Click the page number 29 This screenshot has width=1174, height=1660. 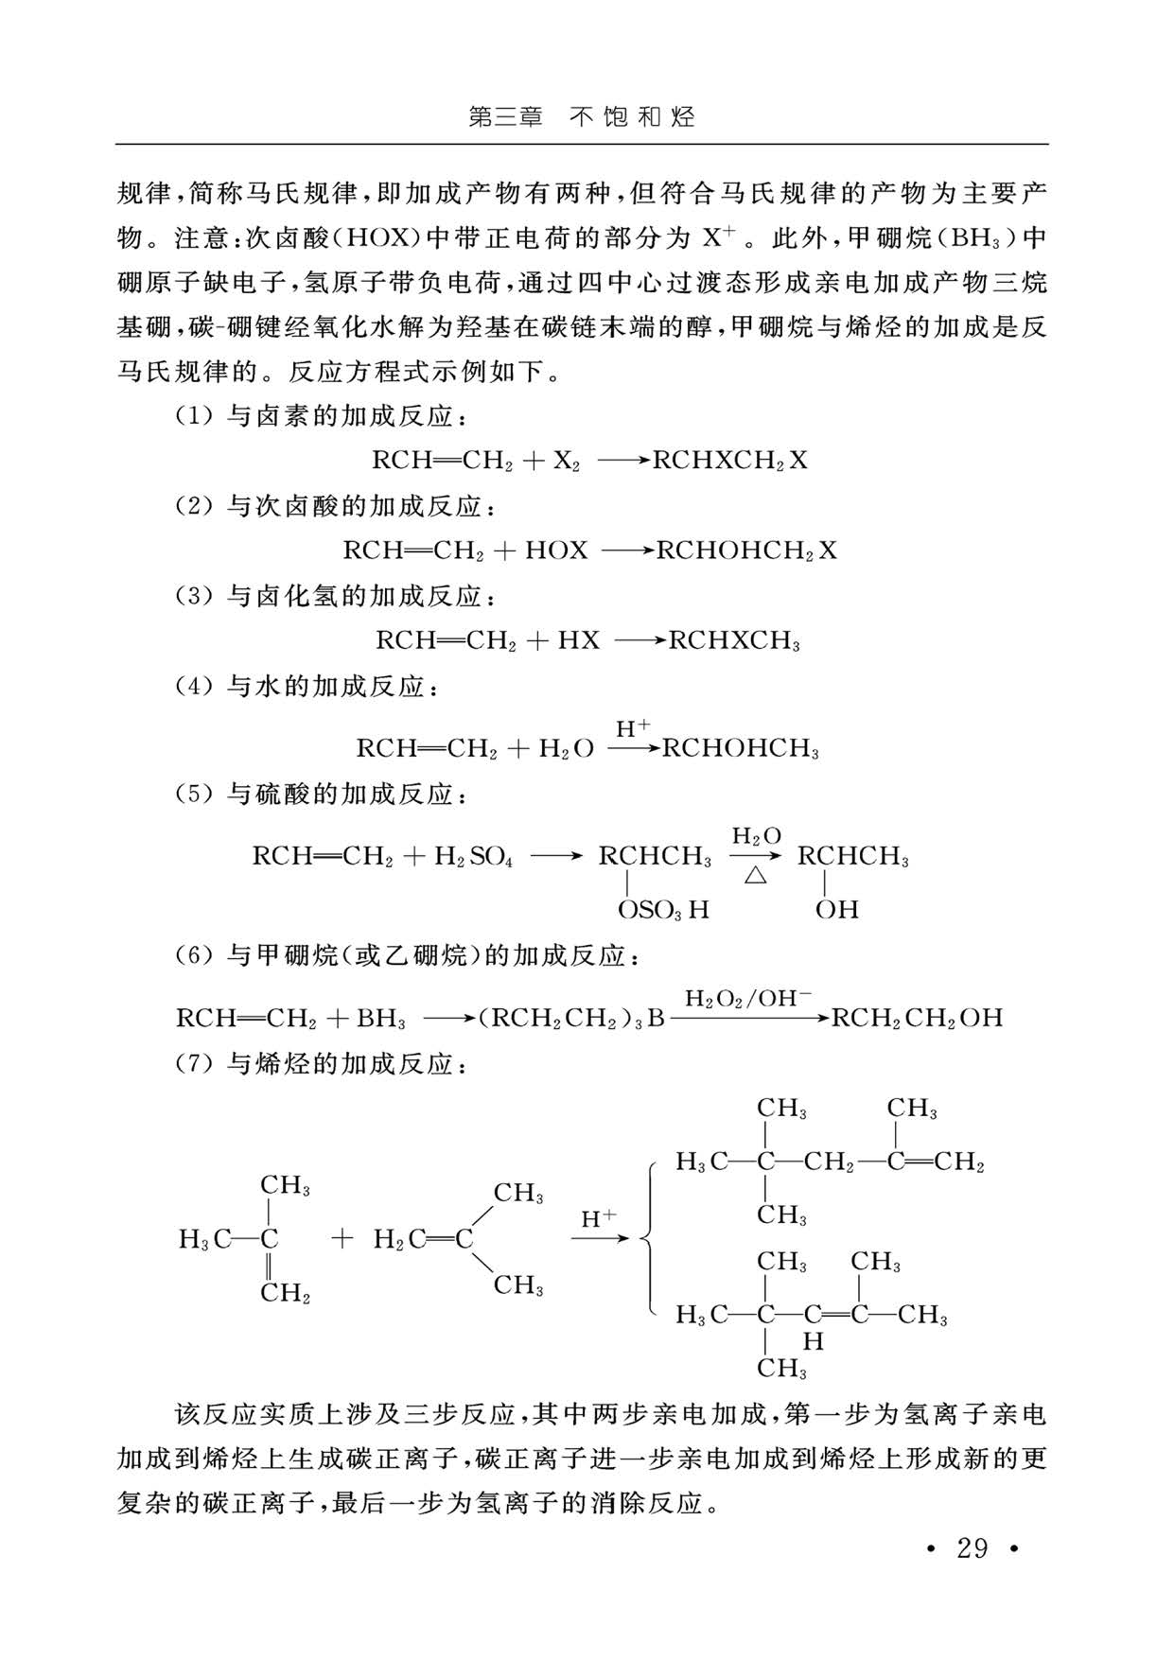[x=972, y=1548]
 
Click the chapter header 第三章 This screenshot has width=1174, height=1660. [x=506, y=117]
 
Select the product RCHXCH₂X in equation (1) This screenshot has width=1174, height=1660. [x=730, y=461]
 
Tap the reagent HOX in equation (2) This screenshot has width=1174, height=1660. [x=556, y=550]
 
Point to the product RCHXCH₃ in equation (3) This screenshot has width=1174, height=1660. [x=734, y=640]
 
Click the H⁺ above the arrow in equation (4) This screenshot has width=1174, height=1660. [x=633, y=728]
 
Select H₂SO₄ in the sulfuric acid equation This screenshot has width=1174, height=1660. [x=473, y=857]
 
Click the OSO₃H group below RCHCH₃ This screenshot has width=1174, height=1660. [x=662, y=910]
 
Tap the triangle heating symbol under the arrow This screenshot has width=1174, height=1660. [x=754, y=875]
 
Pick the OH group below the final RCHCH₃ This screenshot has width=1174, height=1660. [x=837, y=910]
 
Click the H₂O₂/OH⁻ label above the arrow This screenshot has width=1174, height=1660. [x=747, y=998]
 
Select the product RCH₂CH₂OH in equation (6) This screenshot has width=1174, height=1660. [x=917, y=1019]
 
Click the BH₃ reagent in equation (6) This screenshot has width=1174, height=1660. [x=380, y=1019]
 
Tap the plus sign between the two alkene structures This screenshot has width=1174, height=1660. [x=342, y=1238]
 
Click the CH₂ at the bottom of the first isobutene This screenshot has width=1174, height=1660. [x=285, y=1292]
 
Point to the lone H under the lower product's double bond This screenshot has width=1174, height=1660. [x=813, y=1341]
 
